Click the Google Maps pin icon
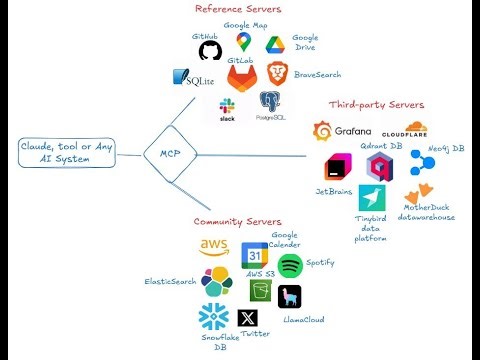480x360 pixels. [243, 40]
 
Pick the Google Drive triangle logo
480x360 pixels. [276, 45]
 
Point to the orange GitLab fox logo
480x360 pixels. [242, 77]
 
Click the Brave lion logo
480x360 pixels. [277, 71]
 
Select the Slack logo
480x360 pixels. [228, 104]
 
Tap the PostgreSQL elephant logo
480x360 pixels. [270, 101]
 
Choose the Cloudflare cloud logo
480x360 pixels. [404, 130]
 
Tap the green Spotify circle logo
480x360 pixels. [290, 265]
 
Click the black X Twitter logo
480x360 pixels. [248, 319]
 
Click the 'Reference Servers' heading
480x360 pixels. [237, 9]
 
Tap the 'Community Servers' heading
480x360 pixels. [237, 221]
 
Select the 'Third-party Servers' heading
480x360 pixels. [376, 104]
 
